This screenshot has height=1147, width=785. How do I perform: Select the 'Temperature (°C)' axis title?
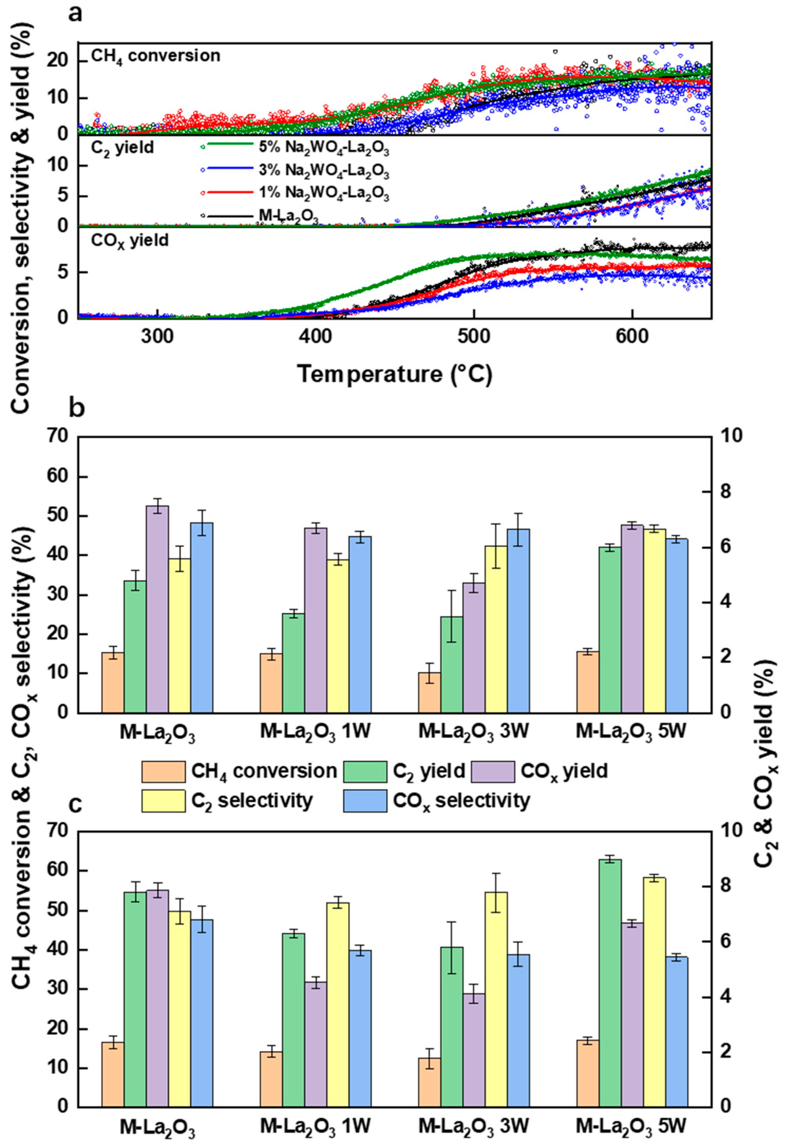pyautogui.click(x=395, y=374)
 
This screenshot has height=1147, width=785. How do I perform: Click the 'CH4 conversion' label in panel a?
pyautogui.click(x=155, y=56)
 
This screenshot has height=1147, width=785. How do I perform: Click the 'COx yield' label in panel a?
pyautogui.click(x=130, y=240)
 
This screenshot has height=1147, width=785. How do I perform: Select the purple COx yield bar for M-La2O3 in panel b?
pyautogui.click(x=157, y=608)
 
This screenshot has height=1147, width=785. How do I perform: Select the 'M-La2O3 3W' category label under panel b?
pyautogui.click(x=474, y=732)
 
